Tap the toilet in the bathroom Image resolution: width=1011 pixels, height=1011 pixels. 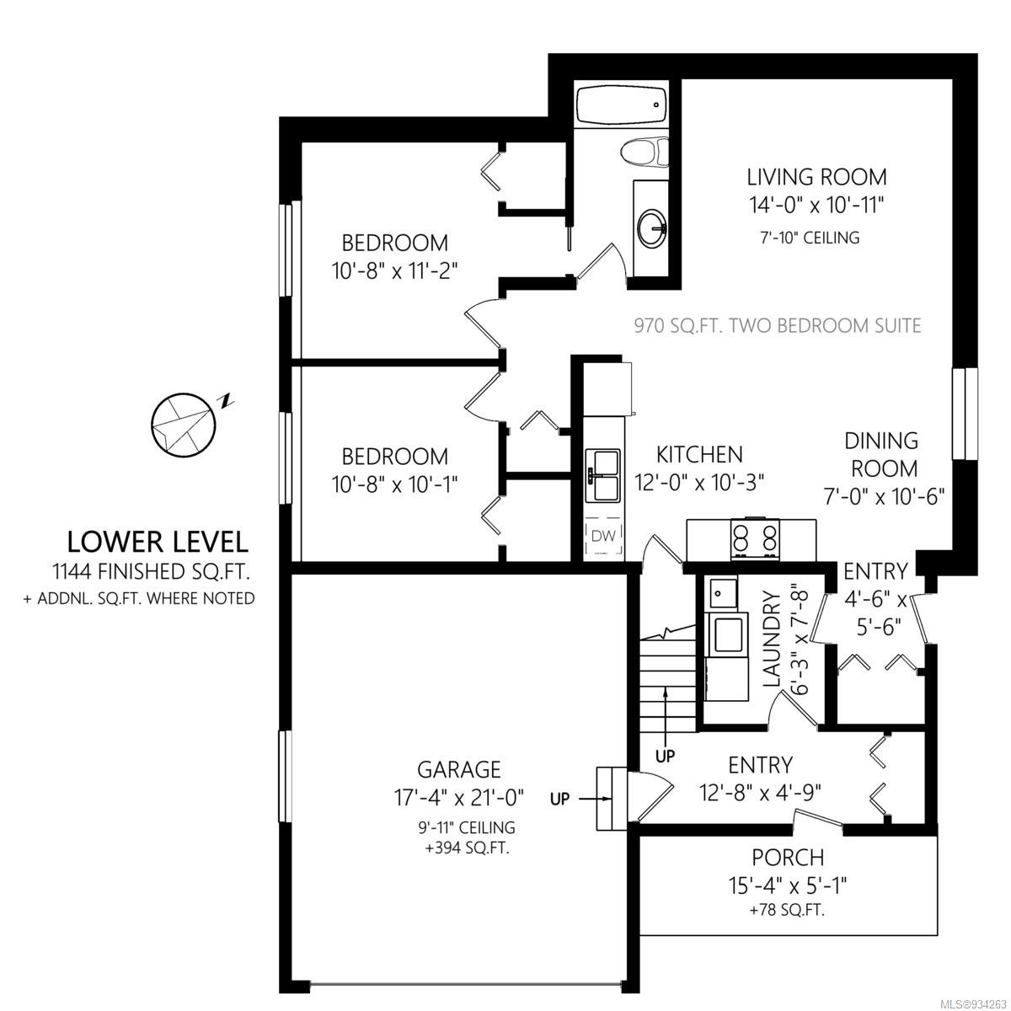[645, 152]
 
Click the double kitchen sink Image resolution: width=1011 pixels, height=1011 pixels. [604, 474]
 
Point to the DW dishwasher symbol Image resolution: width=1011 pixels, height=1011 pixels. [603, 536]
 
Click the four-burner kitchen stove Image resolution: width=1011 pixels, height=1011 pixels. [755, 539]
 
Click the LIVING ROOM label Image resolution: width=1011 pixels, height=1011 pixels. [817, 177]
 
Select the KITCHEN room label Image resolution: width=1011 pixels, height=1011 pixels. [699, 454]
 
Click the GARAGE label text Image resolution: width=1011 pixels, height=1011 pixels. [459, 769]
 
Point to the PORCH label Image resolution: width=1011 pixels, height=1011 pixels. [788, 858]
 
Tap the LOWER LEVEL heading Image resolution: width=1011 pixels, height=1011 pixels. [158, 543]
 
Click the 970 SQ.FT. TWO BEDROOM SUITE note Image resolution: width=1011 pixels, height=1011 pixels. [778, 326]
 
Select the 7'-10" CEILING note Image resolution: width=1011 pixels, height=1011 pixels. [810, 238]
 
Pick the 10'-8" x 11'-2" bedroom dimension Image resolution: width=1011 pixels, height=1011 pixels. [394, 271]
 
